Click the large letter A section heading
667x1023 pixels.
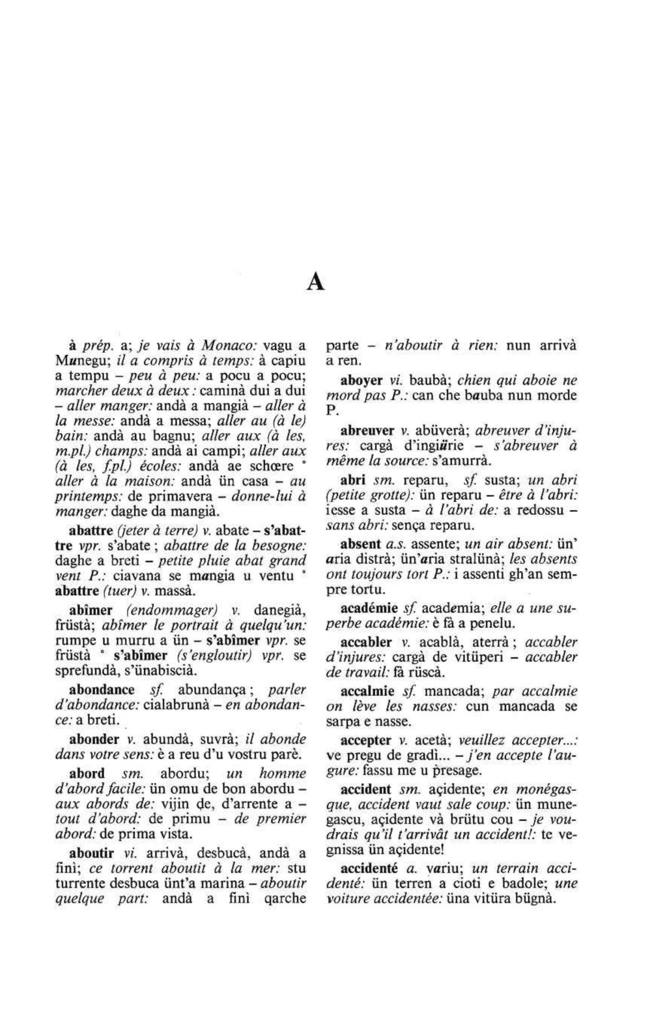point(315,282)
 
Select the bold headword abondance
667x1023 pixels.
point(102,689)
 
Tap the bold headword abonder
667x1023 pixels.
point(94,739)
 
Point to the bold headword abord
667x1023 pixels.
point(87,773)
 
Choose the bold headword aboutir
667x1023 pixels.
point(92,853)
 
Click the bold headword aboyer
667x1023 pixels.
point(362,380)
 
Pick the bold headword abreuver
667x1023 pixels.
point(367,430)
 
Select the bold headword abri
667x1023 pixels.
point(352,481)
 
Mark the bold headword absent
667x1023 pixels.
point(361,543)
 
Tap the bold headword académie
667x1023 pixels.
point(369,608)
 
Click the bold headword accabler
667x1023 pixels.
point(366,642)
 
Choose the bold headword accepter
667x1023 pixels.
point(366,741)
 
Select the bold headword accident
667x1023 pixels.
point(366,789)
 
